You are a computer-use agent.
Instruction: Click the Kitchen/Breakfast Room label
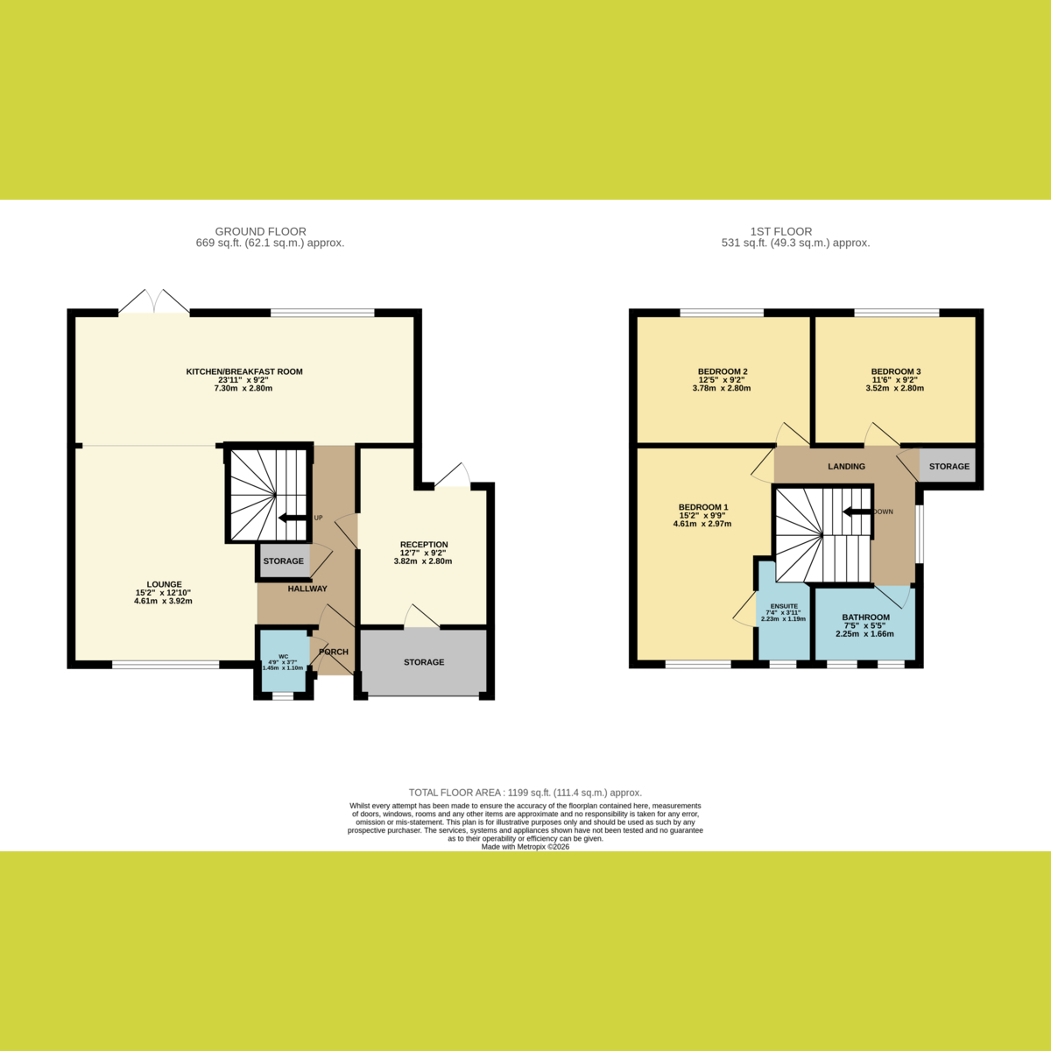pyautogui.click(x=244, y=371)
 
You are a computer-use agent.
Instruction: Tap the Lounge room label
pyautogui.click(x=164, y=584)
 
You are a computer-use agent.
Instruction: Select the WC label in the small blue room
pyautogui.click(x=284, y=656)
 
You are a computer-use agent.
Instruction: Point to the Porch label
pyautogui.click(x=333, y=652)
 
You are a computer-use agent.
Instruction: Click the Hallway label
pyautogui.click(x=307, y=589)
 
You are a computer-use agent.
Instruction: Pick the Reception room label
pyautogui.click(x=424, y=544)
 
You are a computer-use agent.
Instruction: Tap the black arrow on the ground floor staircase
pyautogui.click(x=293, y=518)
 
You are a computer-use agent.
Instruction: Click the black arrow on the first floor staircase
pyautogui.click(x=857, y=511)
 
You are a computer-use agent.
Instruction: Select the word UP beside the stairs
pyautogui.click(x=319, y=518)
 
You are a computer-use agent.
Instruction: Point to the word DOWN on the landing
pyautogui.click(x=884, y=511)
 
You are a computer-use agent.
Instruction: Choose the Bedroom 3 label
pyautogui.click(x=896, y=371)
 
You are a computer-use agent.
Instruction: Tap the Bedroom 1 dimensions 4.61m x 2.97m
pyautogui.click(x=702, y=524)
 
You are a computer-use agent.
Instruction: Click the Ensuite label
pyautogui.click(x=784, y=606)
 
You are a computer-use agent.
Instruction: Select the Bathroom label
pyautogui.click(x=865, y=617)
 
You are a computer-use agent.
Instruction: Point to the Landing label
pyautogui.click(x=846, y=466)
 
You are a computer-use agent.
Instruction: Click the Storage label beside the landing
pyautogui.click(x=949, y=466)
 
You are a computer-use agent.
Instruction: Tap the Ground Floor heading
pyautogui.click(x=260, y=231)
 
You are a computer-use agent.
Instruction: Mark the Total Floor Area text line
pyautogui.click(x=525, y=793)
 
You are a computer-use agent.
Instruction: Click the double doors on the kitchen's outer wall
pyautogui.click(x=154, y=301)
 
